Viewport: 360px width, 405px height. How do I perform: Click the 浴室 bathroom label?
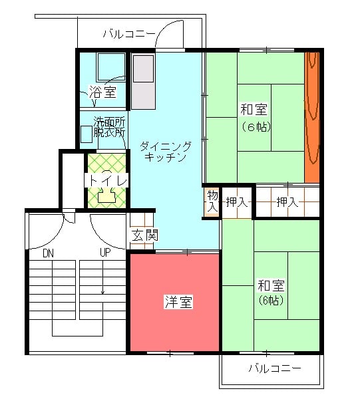pos(103,91)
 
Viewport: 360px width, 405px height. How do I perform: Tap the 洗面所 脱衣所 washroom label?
pos(109,126)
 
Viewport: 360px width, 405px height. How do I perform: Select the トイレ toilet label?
pos(107,180)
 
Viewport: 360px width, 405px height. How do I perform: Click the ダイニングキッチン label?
pos(166,152)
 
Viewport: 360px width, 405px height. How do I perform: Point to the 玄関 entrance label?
pos(144,235)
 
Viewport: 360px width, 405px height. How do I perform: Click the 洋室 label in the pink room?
pos(178,302)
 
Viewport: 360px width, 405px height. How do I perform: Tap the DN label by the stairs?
pos(49,253)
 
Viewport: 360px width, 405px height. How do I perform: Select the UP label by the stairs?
pos(105,252)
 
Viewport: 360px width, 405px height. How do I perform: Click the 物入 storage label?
pos(212,202)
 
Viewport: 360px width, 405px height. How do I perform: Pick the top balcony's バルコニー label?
pos(130,34)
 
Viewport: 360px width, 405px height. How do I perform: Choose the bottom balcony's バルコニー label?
pos(275,368)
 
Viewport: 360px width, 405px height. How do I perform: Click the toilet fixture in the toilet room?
pos(106,195)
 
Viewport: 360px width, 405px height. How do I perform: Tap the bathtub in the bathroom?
pos(111,67)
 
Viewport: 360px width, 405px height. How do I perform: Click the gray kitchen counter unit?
pos(144,81)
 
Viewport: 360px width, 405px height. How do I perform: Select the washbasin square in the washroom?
pos(87,134)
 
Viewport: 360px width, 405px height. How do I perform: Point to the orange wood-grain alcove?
pos(312,118)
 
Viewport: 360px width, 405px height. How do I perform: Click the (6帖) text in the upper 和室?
pos(256,127)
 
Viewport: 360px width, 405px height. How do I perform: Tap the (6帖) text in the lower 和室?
pos(271,300)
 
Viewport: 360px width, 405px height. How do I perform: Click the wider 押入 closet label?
pos(287,202)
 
